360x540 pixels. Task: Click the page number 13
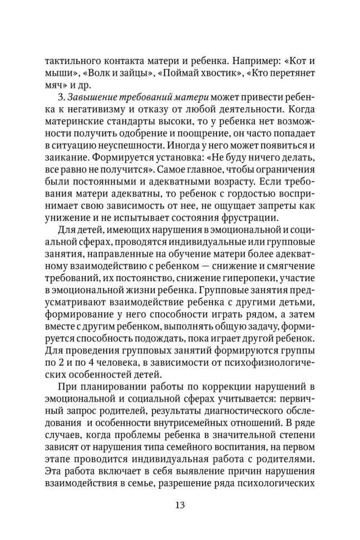(180, 505)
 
